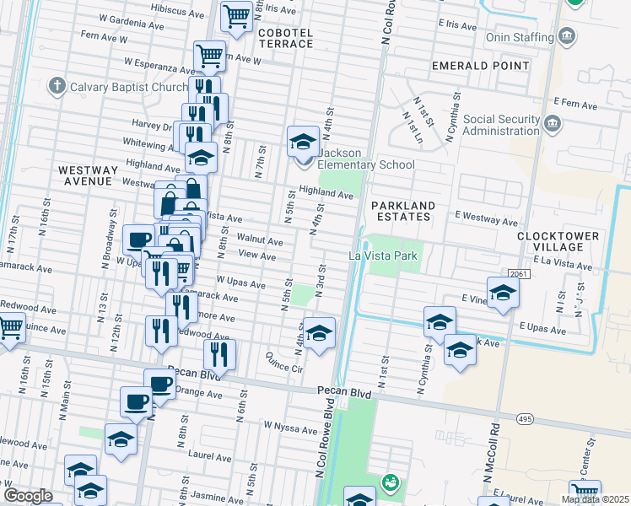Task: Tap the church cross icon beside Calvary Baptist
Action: coord(57,86)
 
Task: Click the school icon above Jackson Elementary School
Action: coord(303,141)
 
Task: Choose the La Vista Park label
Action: coord(384,256)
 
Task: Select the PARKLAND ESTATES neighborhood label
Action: coord(403,211)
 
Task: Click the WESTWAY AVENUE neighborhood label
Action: coord(85,175)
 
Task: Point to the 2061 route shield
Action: coord(519,275)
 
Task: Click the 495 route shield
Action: coord(524,419)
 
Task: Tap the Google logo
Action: coord(28,496)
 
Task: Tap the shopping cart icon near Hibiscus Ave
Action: coord(236,16)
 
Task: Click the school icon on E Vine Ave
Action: coord(503,293)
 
